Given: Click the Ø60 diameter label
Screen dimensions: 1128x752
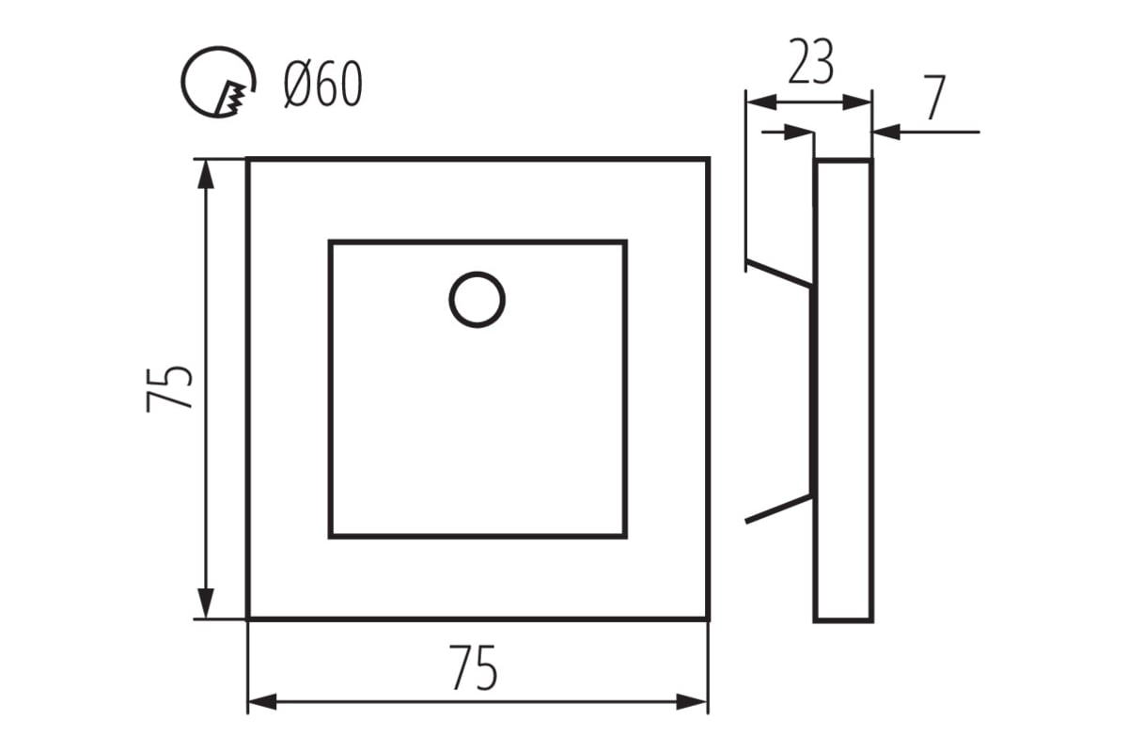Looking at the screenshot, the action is coord(322,84).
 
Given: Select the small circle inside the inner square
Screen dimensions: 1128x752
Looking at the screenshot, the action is coord(477,300).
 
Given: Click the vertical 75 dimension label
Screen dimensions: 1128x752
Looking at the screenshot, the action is coord(169,389).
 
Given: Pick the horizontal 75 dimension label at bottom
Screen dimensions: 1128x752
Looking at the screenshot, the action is coord(475,668).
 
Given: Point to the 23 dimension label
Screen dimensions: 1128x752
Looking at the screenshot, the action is coord(810,62).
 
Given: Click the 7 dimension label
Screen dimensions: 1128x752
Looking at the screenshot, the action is coord(935,98).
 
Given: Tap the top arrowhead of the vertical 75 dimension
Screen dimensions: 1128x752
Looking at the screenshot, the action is coord(206,174).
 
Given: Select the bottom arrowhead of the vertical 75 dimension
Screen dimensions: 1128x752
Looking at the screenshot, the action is coord(206,603).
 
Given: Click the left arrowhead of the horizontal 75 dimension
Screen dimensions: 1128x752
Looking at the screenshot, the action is coord(263,701).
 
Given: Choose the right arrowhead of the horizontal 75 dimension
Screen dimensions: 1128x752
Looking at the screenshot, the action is coord(692,701).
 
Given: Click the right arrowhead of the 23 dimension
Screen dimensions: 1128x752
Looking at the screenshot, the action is coord(856,102).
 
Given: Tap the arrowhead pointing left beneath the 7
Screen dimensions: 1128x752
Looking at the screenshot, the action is coord(886,132).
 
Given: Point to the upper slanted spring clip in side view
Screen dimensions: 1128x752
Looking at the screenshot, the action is coord(778,274).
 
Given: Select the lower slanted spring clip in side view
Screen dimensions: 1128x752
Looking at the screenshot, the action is coord(778,509).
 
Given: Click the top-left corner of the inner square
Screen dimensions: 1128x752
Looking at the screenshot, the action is coord(330,243).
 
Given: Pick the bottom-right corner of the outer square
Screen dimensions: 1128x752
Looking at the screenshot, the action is coord(708,619).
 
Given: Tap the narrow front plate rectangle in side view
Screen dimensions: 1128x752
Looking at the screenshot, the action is coord(843,390).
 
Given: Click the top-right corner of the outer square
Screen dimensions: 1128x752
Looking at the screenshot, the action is coord(708,159).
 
